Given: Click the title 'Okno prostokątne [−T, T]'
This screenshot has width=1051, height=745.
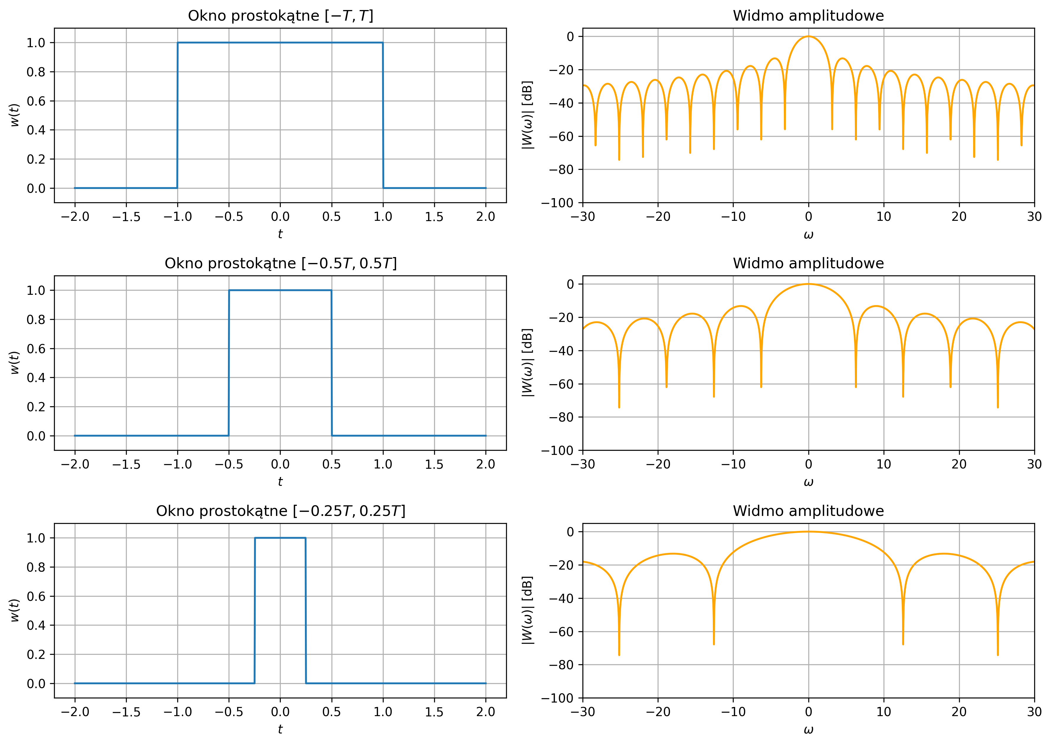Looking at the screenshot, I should [280, 16].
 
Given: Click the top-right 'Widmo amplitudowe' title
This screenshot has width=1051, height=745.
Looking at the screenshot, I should [808, 16].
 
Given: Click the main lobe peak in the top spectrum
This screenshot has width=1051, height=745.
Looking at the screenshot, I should [808, 37].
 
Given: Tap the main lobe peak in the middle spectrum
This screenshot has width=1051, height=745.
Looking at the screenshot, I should [808, 284].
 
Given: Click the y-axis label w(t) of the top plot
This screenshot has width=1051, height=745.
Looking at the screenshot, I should [15, 115].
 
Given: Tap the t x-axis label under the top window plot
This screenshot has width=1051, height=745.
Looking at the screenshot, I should [280, 234].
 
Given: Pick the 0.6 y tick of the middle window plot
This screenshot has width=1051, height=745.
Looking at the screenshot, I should [36, 349].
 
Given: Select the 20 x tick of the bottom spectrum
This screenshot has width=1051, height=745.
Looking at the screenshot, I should [959, 712].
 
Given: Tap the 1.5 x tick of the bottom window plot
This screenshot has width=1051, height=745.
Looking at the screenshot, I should [434, 712].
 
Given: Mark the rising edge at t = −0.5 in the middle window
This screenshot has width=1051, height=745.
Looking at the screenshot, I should [229, 362].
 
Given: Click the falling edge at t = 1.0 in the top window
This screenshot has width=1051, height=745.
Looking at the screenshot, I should [383, 115].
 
